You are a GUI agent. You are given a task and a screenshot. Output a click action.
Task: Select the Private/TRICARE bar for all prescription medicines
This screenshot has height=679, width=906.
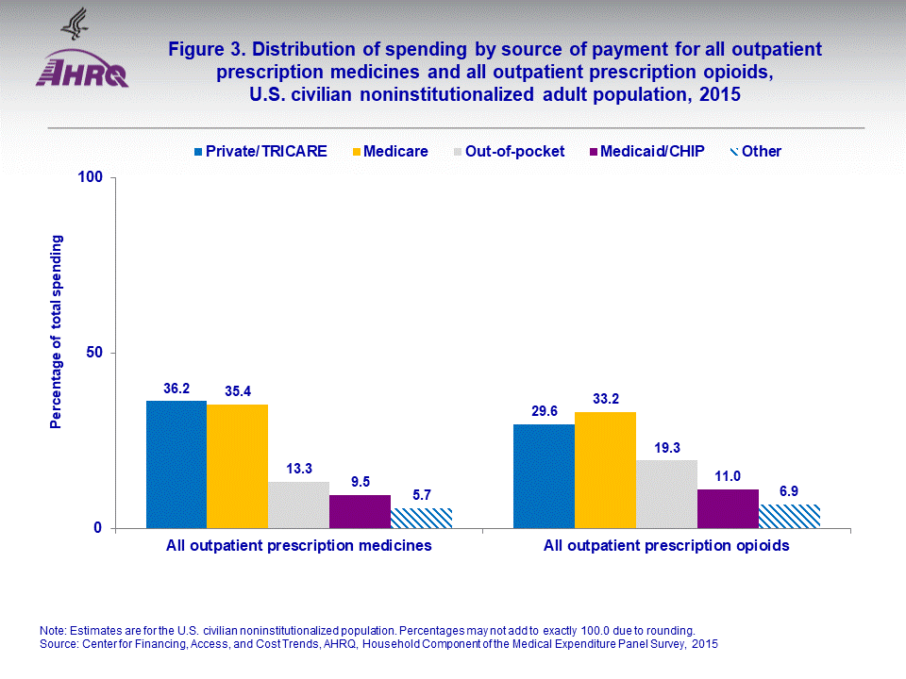coord(176,464)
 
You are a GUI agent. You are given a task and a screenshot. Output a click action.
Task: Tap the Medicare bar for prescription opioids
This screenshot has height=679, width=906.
coord(605,470)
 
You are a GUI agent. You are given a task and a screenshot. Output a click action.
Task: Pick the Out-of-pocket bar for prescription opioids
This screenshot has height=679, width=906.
coord(666,494)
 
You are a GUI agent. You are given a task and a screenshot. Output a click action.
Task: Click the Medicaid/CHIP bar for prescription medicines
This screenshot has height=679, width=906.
coord(360,511)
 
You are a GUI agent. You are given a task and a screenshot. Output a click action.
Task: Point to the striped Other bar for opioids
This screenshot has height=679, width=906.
coord(789,516)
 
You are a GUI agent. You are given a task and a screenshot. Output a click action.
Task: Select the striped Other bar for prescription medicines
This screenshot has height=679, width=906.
coord(421,518)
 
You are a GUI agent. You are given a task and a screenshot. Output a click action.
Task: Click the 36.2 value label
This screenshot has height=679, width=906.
coord(176,388)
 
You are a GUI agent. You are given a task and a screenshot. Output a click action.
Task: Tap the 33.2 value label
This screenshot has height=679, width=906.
coord(605,398)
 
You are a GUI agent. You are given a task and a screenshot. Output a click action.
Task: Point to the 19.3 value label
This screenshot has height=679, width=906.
coord(666,447)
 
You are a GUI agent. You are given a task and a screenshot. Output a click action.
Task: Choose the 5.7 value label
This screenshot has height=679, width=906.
coord(421,494)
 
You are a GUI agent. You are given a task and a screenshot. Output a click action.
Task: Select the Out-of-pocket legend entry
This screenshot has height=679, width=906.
coord(514,151)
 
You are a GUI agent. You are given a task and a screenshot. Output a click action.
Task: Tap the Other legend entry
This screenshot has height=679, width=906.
coord(760,151)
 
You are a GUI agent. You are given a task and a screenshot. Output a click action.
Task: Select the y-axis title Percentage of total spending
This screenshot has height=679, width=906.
coord(56,332)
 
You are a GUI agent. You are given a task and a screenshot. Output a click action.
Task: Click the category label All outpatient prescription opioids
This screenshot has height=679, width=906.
coord(666,545)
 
